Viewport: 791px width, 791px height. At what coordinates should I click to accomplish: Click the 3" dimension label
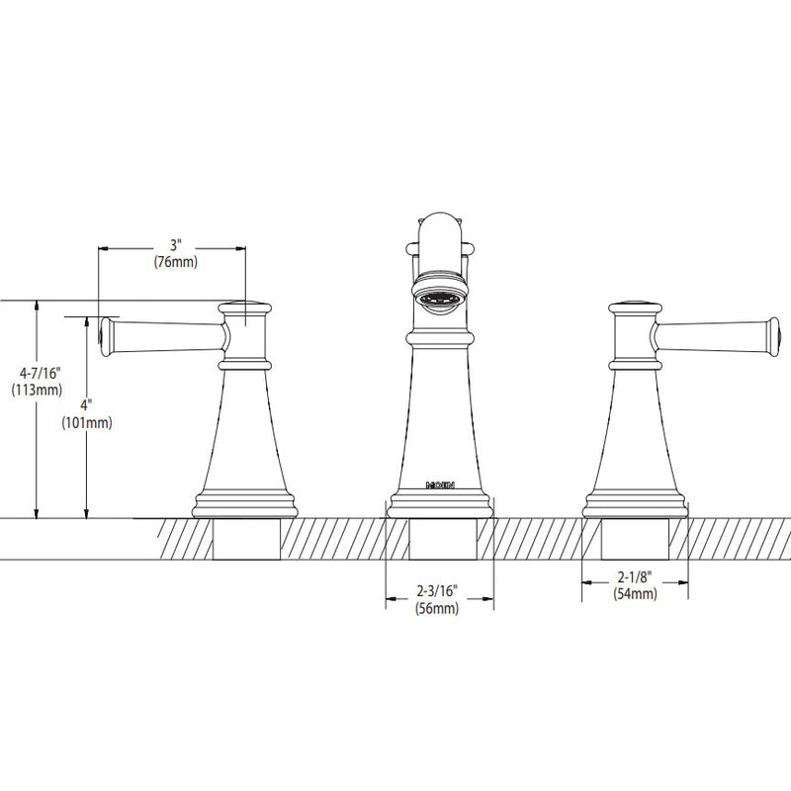[175, 245]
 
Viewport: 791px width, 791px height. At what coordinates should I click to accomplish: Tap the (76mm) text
[176, 262]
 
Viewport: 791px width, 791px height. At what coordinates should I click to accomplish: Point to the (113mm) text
[37, 390]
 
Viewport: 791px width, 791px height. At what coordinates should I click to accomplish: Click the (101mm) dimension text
[87, 423]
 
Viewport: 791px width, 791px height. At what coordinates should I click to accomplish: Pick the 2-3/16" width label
[437, 590]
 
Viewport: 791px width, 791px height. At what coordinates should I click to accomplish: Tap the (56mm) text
[437, 608]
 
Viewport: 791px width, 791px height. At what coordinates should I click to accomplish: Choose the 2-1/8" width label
[635, 576]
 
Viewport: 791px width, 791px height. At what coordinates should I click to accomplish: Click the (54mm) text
[635, 594]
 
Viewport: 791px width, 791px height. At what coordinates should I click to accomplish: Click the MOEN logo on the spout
[440, 485]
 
